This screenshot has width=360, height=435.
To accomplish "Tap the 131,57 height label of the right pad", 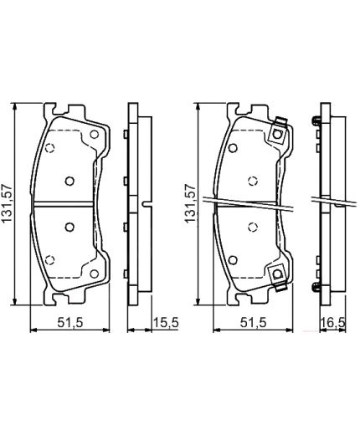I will point(189,206).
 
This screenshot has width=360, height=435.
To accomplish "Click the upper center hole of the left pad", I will point(70,179).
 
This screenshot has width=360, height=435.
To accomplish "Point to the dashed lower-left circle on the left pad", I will point(49,258).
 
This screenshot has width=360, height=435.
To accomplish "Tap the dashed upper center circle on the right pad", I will point(253,179).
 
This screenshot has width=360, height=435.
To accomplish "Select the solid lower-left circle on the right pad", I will point(231,258).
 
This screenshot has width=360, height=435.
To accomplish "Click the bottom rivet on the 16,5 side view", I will point(316,288).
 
